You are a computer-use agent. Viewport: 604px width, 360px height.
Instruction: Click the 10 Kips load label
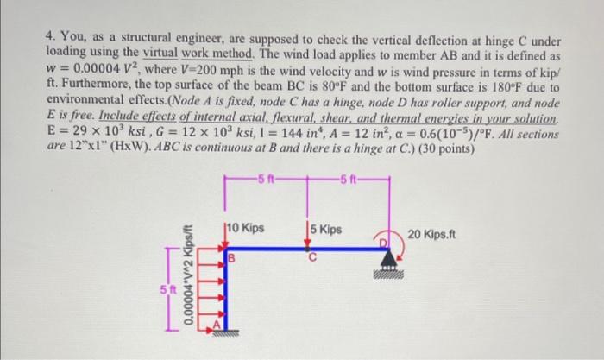click(247, 229)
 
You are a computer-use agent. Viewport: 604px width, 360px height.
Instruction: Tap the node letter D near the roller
click(386, 242)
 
